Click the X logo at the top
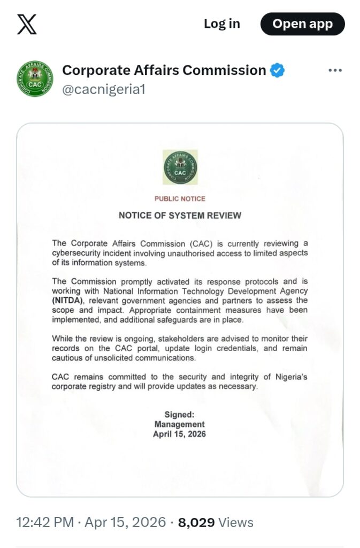pos(27,24)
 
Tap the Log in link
pos(221,24)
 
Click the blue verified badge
pos(277,71)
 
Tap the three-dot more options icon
pos(335,71)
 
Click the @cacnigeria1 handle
pos(104,89)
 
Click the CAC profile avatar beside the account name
pos(35,78)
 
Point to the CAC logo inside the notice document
pos(180,168)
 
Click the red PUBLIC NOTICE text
pos(180,199)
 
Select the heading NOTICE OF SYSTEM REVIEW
pos(180,216)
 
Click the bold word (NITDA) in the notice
pos(68,300)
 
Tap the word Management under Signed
pos(180,424)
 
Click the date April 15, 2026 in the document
pos(180,434)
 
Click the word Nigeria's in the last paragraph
pos(291,377)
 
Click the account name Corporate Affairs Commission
pos(164,71)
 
